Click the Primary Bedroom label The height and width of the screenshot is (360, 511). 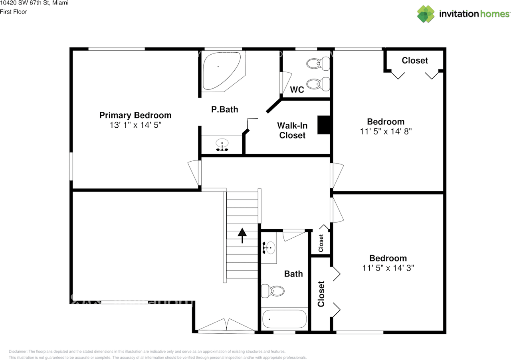pos(135,115)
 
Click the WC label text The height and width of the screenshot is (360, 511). pos(297,90)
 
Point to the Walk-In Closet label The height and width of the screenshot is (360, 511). pos(292,131)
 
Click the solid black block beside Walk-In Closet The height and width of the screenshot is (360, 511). pos(323,125)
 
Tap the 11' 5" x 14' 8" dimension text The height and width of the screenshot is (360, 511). pos(386,131)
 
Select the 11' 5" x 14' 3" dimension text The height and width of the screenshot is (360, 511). pos(388,268)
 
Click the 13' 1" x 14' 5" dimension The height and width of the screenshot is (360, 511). pos(135,125)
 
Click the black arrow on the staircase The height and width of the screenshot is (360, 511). pos(242,235)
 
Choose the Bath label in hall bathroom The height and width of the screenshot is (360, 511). pos(293,274)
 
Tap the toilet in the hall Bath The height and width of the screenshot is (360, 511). pos(273,291)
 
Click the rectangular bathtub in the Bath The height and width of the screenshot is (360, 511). pos(284,319)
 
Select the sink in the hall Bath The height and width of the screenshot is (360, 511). pos(269,248)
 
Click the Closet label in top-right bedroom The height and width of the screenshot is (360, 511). pos(415,60)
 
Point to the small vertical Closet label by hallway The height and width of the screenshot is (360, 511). pos(321,243)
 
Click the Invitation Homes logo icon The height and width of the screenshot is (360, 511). pos(426,14)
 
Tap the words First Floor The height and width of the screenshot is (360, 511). pos(14,12)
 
